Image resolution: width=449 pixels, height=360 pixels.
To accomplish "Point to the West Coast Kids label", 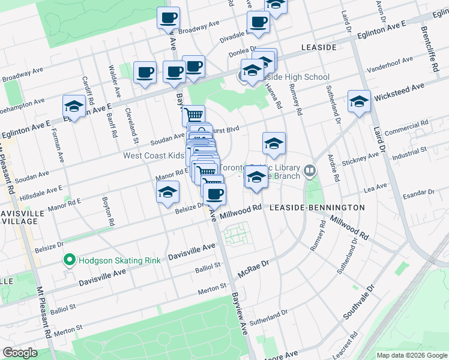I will [154, 155].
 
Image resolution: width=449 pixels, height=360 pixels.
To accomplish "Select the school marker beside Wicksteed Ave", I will [359, 102].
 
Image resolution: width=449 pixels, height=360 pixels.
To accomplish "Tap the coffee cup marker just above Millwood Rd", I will [215, 194].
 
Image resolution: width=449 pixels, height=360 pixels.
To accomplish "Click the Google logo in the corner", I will [20, 352].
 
